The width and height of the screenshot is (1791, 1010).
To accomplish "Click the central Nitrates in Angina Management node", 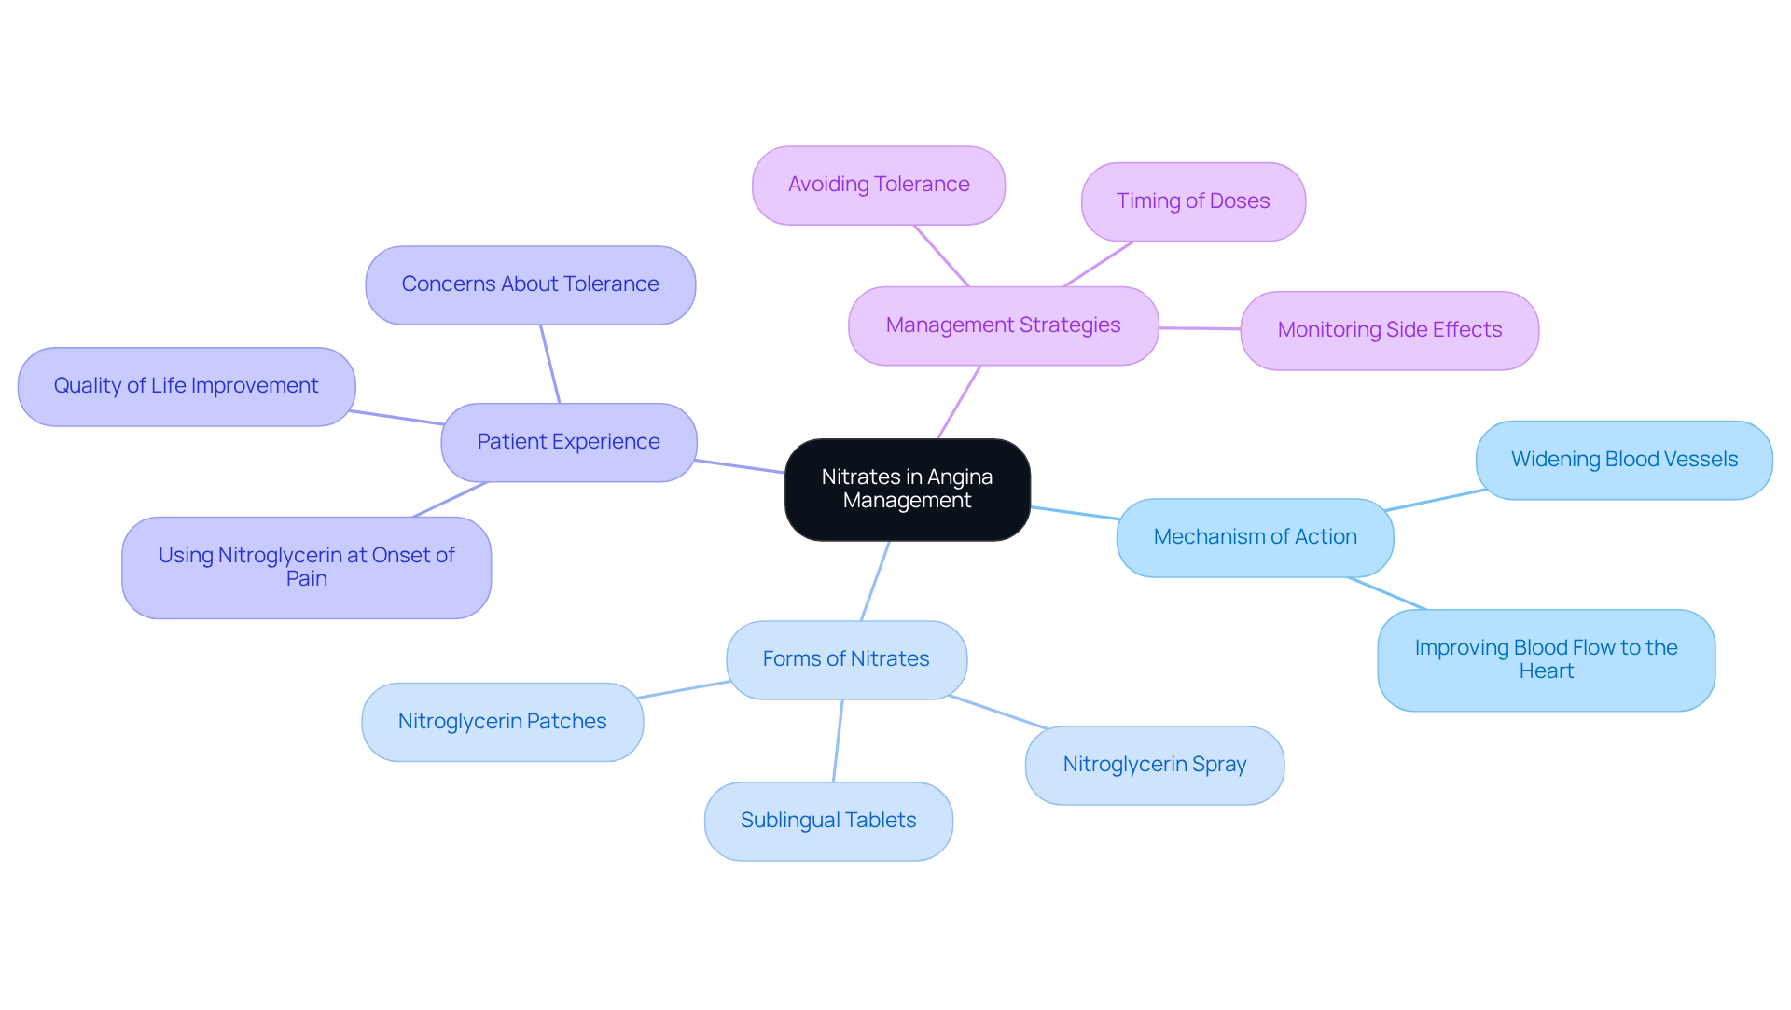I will (907, 489).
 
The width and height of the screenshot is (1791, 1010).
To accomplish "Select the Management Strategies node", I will (1003, 325).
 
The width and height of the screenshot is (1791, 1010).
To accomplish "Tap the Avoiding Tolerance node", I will (878, 185).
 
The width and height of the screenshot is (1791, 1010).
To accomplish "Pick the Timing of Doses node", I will (1192, 201).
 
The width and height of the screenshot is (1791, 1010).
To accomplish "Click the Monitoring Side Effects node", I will (1389, 330).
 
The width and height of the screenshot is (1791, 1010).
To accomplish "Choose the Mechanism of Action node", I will (1255, 537).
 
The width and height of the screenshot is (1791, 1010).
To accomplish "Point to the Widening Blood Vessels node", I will (1623, 460).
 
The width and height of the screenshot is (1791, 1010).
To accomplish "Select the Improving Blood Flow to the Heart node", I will (1546, 659).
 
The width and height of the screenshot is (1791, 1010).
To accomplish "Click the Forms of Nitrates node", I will (846, 659).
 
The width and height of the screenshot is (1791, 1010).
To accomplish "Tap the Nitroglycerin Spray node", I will (1154, 765).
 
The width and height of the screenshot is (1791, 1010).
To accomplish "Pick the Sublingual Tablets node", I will (828, 821).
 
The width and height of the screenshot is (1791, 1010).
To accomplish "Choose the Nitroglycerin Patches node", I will (502, 722).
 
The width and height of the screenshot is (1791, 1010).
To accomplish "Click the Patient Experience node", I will (568, 442).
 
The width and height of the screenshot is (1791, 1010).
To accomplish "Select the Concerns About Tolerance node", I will (530, 284).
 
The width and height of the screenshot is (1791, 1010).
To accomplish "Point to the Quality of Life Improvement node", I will (186, 386).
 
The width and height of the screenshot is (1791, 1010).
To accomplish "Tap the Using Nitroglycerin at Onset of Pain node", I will (306, 567).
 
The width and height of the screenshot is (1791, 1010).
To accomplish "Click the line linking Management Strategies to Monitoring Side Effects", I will (1200, 328).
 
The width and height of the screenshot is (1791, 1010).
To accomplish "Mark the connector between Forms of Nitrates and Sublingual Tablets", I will (838, 740).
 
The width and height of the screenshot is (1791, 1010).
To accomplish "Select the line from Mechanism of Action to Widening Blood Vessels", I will (1435, 500).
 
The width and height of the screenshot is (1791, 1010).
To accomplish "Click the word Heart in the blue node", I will (1546, 671).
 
